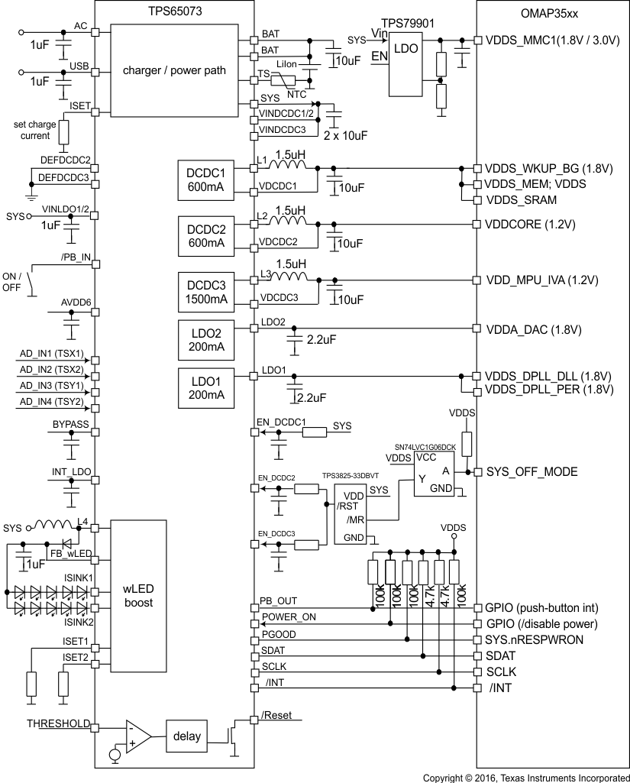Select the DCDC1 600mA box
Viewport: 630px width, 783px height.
click(204, 179)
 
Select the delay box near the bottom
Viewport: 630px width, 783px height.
click(186, 736)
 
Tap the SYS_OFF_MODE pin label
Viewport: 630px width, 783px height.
click(531, 471)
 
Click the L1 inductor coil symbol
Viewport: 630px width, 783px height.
click(290, 164)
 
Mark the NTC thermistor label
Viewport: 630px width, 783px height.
click(297, 95)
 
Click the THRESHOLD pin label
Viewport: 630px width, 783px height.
click(58, 723)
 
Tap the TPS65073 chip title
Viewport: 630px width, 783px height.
click(173, 9)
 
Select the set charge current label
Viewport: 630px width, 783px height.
click(31, 130)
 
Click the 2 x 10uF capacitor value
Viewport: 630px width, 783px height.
click(346, 134)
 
